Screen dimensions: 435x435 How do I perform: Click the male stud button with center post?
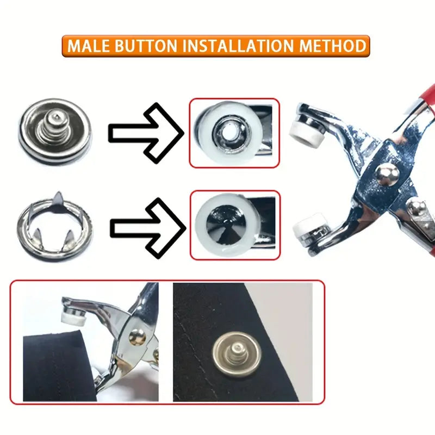[55, 132]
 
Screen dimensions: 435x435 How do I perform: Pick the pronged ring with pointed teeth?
[55, 226]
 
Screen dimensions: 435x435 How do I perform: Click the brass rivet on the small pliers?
[136, 337]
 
